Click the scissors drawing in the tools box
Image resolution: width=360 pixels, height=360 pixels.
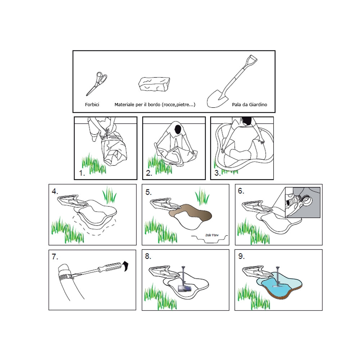96,84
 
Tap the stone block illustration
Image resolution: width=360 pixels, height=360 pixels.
154,84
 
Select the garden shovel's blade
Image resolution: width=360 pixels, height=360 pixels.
217,99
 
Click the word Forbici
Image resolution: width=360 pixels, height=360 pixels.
92,105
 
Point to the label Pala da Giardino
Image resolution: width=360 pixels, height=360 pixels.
249,105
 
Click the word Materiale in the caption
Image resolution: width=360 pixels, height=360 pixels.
124,105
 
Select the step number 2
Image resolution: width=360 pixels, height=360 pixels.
149,173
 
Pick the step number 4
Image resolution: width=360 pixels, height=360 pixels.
55,191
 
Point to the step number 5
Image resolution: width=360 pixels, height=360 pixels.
148,192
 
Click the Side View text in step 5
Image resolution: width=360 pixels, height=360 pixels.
212,235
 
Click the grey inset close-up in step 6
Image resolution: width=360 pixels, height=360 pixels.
303,202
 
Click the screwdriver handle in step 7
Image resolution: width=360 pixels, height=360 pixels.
110,267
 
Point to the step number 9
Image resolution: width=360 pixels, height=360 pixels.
241,256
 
